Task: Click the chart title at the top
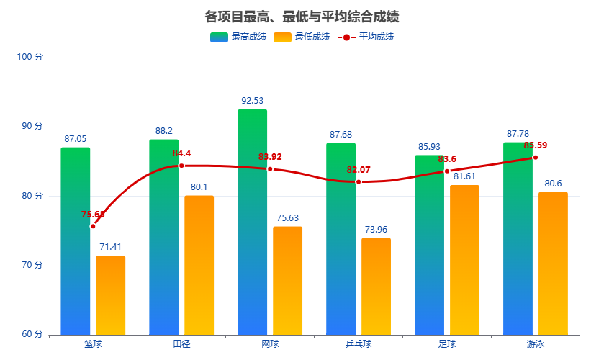[x=302, y=17]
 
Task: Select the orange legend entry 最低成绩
[x=302, y=37]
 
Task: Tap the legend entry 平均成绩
[x=366, y=37]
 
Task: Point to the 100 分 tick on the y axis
[x=30, y=57]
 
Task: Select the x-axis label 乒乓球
[x=359, y=344]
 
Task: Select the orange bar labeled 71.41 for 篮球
[x=111, y=295]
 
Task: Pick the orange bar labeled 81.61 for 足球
[x=464, y=260]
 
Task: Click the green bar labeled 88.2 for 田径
[x=164, y=237]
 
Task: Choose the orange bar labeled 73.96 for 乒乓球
[x=376, y=287]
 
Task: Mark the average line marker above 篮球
[x=93, y=226]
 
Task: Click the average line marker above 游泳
[x=536, y=157]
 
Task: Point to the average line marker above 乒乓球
[x=359, y=181]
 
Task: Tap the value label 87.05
[x=75, y=139]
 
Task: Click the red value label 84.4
[x=182, y=153]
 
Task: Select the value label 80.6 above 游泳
[x=553, y=184]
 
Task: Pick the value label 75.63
[x=287, y=218]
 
